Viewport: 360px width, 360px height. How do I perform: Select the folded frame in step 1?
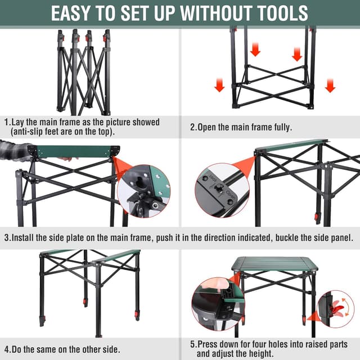[83, 72]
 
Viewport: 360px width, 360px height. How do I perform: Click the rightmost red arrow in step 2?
[330, 85]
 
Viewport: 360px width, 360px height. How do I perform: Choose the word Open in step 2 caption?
[208, 127]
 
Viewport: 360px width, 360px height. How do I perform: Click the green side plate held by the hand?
[73, 151]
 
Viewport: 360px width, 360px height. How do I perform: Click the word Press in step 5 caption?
[209, 344]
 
